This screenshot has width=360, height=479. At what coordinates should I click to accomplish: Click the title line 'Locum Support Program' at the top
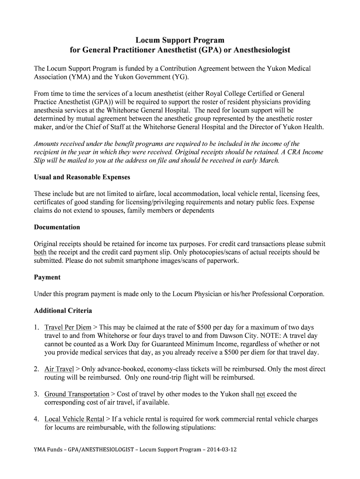tap(180, 40)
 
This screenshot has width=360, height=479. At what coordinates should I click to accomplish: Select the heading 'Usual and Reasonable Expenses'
tap(82, 177)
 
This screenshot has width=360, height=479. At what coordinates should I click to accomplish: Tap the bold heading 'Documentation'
tap(57, 227)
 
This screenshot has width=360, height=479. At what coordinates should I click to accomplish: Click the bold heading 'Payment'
tap(47, 277)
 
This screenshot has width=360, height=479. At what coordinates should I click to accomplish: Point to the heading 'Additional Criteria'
tap(63, 311)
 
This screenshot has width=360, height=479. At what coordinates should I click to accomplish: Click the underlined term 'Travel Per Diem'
tap(68, 327)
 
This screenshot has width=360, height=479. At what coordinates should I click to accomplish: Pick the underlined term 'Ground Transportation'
tap(77, 394)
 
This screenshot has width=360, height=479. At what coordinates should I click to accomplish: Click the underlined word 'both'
tap(40, 253)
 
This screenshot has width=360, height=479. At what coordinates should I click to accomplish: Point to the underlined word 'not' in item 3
tap(260, 394)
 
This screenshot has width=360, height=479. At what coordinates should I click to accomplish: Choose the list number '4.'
tap(36, 419)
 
